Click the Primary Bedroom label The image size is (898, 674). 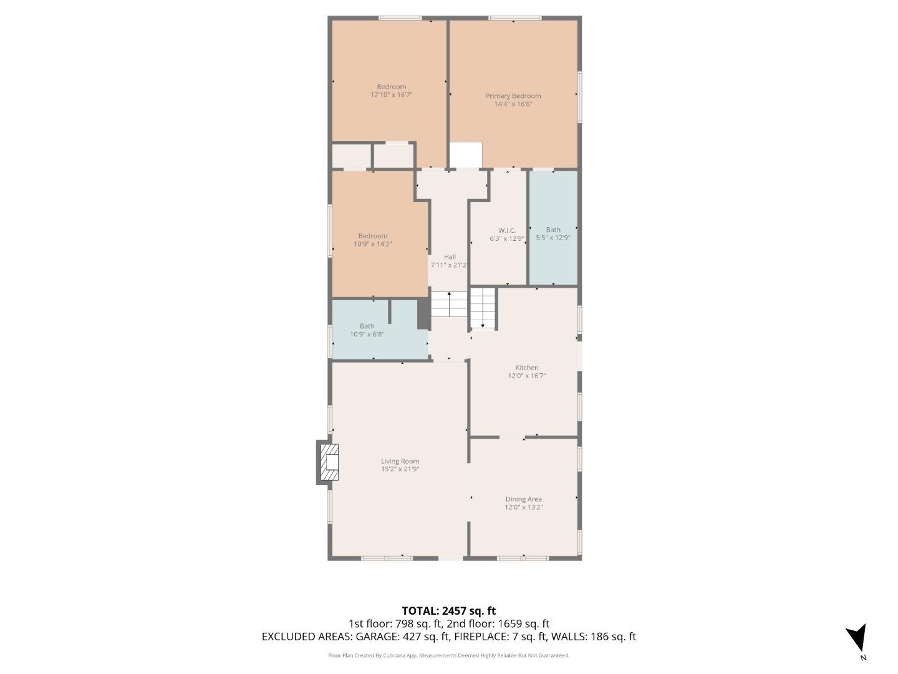(513, 96)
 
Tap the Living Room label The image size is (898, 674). (400, 461)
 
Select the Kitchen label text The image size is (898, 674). (526, 368)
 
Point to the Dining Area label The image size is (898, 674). (523, 499)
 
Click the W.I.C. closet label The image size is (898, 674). (507, 230)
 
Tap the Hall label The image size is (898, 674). (450, 257)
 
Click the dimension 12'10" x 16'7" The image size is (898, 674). (392, 95)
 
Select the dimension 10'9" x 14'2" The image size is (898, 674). (373, 244)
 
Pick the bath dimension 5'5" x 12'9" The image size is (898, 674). (553, 238)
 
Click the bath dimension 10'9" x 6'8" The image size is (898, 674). (367, 334)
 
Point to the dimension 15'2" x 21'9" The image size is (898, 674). (400, 469)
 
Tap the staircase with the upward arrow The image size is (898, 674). (449, 304)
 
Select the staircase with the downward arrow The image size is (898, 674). (482, 308)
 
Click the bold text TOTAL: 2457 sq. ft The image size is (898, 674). (448, 611)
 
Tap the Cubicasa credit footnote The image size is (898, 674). (448, 655)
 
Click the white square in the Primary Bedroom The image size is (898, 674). (466, 155)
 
